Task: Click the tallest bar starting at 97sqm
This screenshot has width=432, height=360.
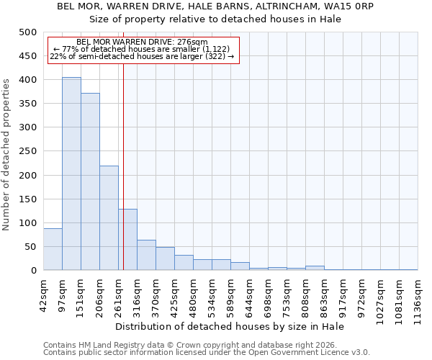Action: (x=71, y=174)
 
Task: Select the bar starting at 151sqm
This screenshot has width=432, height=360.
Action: (x=90, y=181)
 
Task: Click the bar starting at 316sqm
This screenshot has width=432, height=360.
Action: (x=146, y=255)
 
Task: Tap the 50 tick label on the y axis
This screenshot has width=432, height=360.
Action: (x=30, y=247)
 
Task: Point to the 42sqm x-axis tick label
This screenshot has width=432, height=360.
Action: (x=44, y=294)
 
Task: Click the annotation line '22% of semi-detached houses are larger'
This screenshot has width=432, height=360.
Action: (x=142, y=56)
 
